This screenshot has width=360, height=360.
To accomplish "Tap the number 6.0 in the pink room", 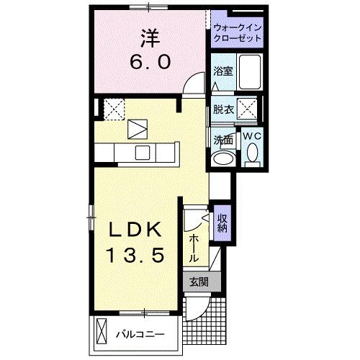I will [x=150, y=62].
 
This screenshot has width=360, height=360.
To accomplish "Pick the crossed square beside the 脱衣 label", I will [x=248, y=111].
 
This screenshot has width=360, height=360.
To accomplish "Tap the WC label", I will [x=251, y=135].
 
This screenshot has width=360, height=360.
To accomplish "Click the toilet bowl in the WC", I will [x=252, y=153].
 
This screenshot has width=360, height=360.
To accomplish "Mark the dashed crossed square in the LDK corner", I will [x=113, y=109].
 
